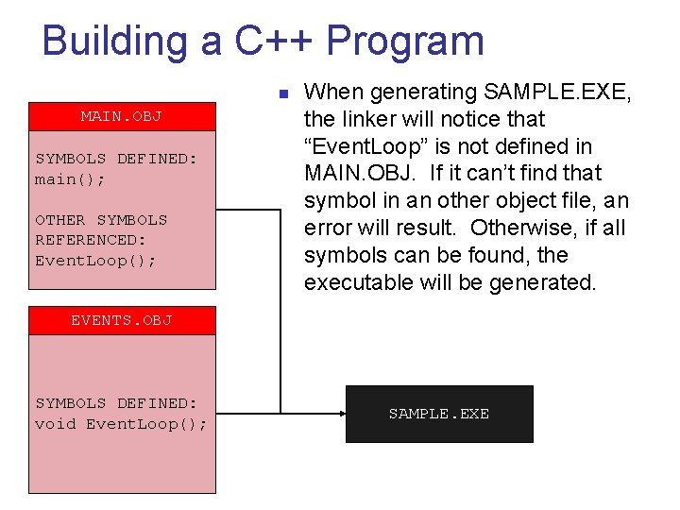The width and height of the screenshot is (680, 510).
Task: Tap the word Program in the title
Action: pyautogui.click(x=406, y=42)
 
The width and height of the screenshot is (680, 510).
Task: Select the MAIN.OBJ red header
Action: pyautogui.click(x=122, y=117)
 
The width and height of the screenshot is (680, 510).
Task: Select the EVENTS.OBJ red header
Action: pyautogui.click(x=122, y=320)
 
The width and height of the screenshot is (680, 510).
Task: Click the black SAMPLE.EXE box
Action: pyautogui.click(x=439, y=414)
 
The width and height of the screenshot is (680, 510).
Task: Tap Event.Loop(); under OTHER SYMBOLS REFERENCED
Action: pyautogui.click(x=95, y=260)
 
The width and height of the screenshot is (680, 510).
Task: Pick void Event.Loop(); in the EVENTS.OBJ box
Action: pyautogui.click(x=121, y=423)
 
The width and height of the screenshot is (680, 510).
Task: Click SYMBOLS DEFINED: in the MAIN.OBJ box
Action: pyautogui.click(x=116, y=159)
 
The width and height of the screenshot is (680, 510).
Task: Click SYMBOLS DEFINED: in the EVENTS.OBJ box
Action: pyautogui.click(x=116, y=403)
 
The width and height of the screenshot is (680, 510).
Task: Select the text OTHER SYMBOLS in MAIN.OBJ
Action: pyautogui.click(x=101, y=220)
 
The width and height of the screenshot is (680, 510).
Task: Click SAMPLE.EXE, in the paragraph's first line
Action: pyautogui.click(x=557, y=92)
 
